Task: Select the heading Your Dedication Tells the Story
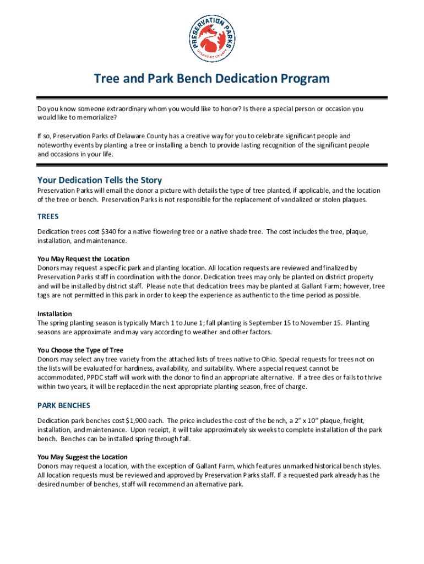tap(99, 180)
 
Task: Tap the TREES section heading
tap(48, 216)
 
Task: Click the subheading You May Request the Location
tap(83, 259)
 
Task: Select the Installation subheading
tap(55, 314)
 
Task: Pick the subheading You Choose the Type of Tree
tap(80, 350)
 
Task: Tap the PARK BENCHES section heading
tap(63, 405)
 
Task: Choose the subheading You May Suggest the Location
tap(82, 457)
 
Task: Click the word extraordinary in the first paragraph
tap(105, 109)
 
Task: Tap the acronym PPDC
tap(93, 377)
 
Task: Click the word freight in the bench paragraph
tap(352, 420)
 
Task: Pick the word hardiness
tap(132, 368)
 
